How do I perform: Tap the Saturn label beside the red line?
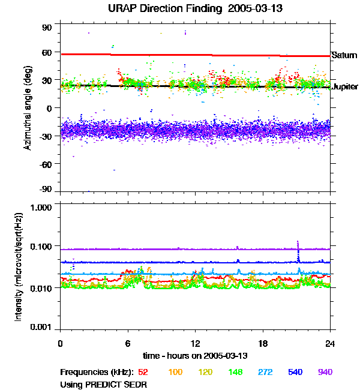pyautogui.click(x=344, y=55)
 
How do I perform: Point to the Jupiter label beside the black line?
pyautogui.click(x=345, y=86)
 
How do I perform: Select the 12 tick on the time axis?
pyautogui.click(x=195, y=344)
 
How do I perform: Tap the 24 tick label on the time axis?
pyautogui.click(x=330, y=344)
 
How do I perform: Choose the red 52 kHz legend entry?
pyautogui.click(x=143, y=372)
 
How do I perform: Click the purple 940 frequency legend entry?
pyautogui.click(x=325, y=372)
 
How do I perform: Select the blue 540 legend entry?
pyautogui.click(x=295, y=372)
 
